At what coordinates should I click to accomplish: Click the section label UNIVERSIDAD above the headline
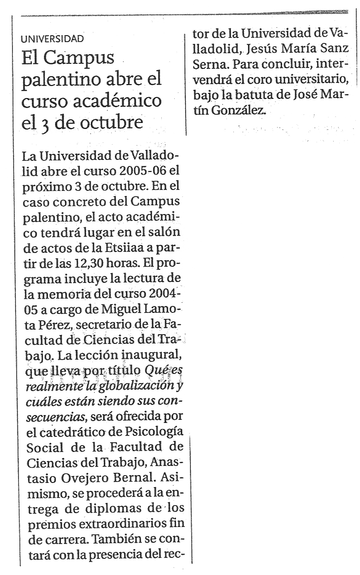[55, 38]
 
